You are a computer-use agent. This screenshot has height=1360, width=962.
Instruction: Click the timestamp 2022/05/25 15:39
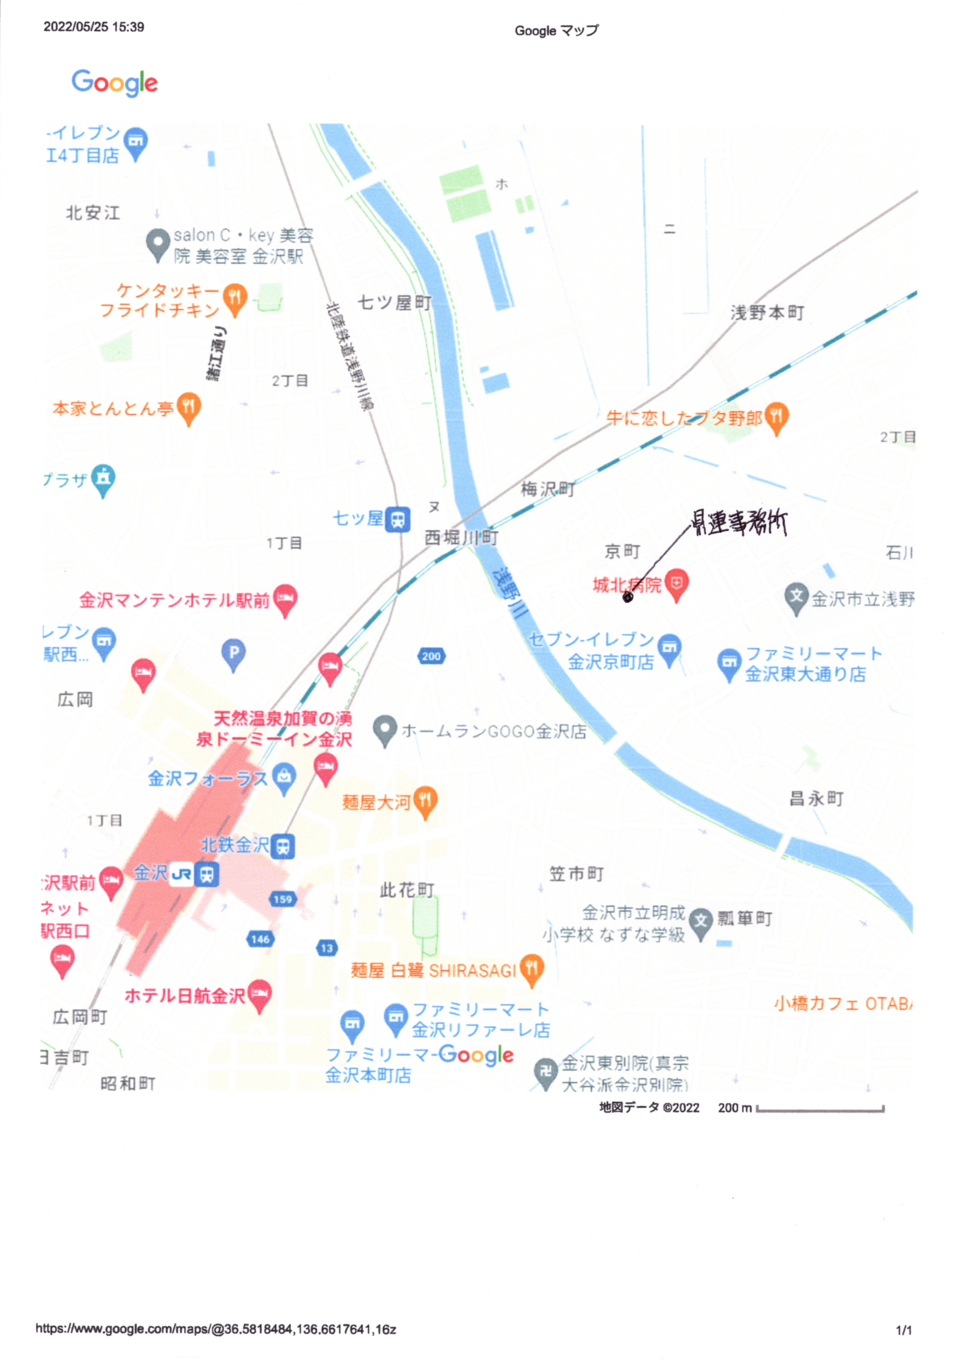coord(94,27)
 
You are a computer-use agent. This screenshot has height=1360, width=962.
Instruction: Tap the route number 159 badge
coord(282,899)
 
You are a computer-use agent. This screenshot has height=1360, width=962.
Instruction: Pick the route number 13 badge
coord(327,948)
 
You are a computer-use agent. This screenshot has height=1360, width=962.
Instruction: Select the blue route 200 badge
coord(431,656)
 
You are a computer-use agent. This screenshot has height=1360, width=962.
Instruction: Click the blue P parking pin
coord(233,654)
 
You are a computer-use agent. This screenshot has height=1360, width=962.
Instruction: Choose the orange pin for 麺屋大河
coord(425,801)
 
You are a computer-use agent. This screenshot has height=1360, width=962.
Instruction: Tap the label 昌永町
coord(816,798)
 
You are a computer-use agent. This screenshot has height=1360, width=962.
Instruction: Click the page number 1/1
coord(903,1330)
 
